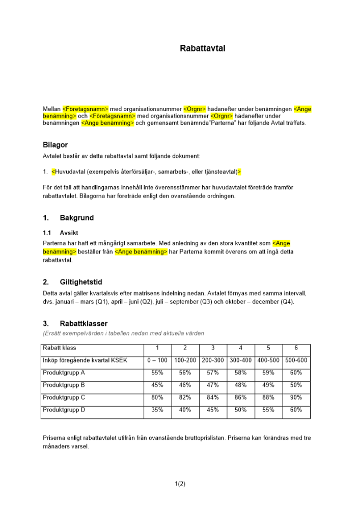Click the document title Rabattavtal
coord(202,49)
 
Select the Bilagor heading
coord(55,145)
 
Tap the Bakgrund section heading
coord(77,218)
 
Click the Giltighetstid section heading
coord(80,282)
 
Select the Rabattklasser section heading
coord(84,323)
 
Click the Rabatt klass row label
coord(60,348)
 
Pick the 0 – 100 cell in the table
coord(157,360)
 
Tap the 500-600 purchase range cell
coord(296,360)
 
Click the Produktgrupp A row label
coord(64,373)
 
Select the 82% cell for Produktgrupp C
coord(185,398)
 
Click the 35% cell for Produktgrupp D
coord(157,410)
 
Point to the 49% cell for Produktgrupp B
coord(268,385)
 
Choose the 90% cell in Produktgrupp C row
coord(296,398)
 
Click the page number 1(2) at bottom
coord(180,484)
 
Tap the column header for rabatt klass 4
coord(240,348)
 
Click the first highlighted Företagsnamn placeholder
coord(86,109)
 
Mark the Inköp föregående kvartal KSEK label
coord(85,360)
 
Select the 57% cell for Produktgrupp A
coord(213,373)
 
